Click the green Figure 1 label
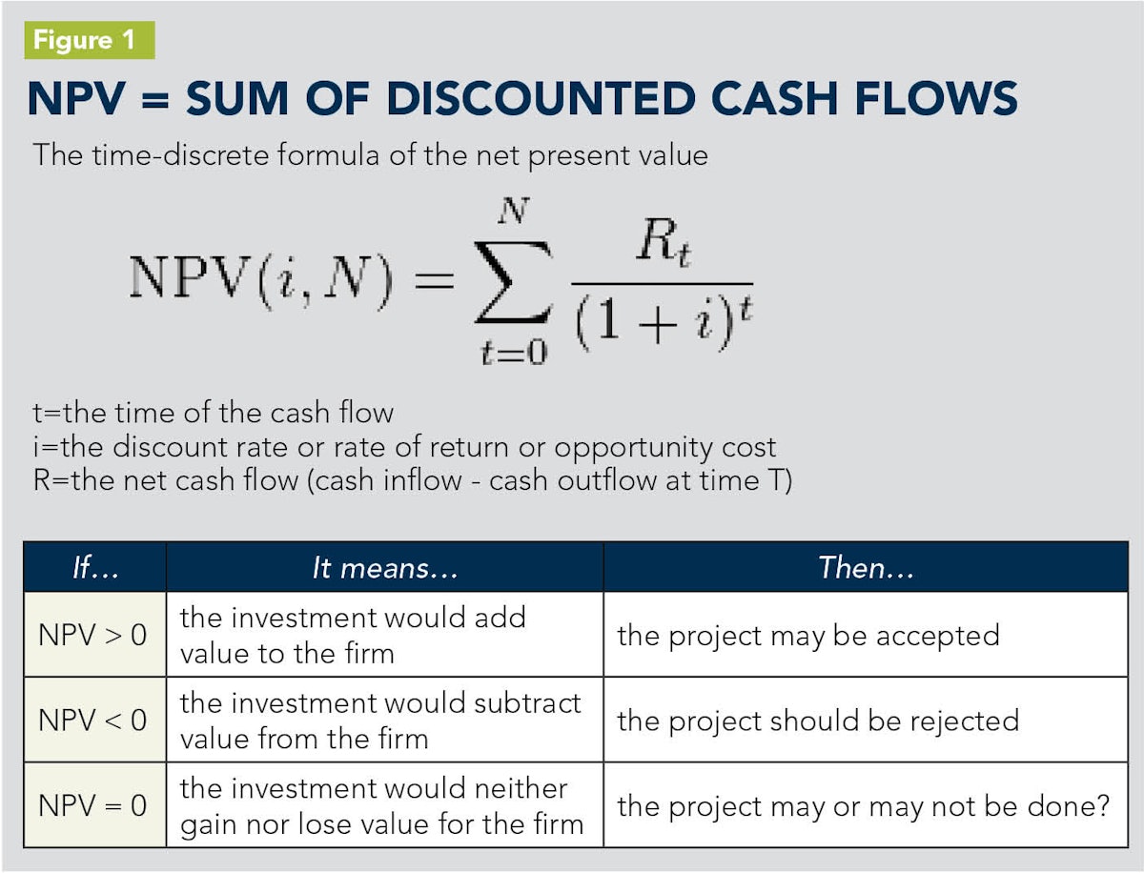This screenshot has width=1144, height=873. tap(89, 41)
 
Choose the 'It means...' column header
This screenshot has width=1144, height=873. tap(384, 568)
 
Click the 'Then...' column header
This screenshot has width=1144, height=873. tap(865, 568)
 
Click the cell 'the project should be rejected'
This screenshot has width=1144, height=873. tap(817, 720)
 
